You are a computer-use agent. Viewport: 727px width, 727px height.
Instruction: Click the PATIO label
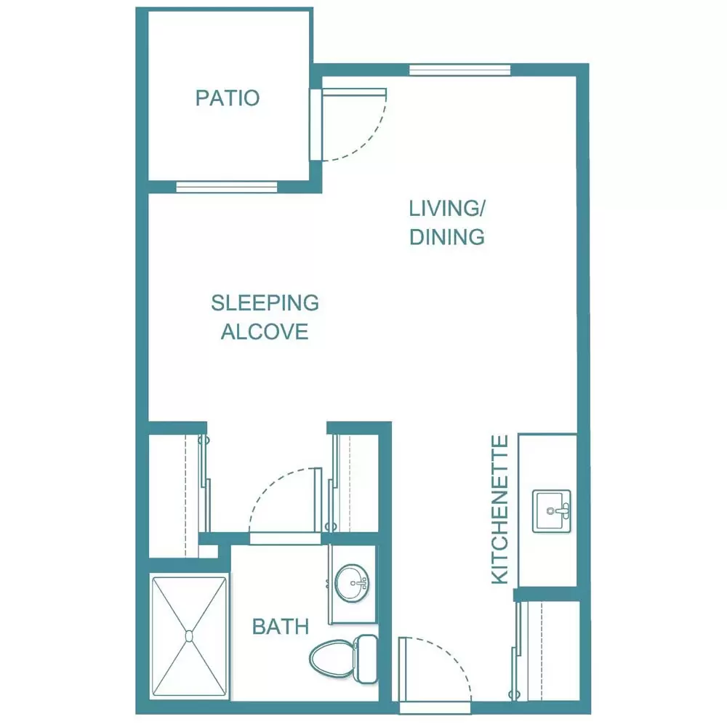click(227, 98)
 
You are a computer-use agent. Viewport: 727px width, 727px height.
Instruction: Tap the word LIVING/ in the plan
click(446, 209)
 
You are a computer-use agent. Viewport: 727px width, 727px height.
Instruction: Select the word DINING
click(447, 237)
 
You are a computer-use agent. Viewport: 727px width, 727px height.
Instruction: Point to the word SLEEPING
click(265, 302)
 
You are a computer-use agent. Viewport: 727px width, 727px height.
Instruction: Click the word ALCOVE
click(265, 332)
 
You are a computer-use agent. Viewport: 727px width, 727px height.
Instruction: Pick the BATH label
click(281, 627)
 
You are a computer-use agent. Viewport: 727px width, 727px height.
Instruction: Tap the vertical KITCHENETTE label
click(500, 509)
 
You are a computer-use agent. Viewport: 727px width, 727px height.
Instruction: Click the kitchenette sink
click(551, 511)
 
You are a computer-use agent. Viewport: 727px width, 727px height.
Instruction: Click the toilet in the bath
click(344, 659)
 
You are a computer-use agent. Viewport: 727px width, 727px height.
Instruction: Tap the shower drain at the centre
click(189, 636)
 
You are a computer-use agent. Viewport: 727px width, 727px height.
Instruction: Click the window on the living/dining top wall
click(460, 70)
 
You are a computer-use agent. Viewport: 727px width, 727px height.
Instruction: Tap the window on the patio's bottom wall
click(227, 187)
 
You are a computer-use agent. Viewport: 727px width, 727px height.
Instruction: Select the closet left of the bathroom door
click(178, 496)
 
